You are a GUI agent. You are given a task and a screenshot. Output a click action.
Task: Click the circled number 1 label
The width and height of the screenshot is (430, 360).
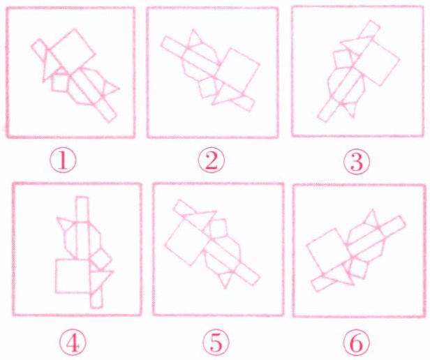click(63, 160)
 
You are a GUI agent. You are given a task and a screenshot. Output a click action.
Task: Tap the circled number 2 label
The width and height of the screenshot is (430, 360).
click(212, 160)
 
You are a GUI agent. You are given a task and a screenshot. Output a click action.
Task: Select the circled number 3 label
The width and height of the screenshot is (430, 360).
click(357, 161)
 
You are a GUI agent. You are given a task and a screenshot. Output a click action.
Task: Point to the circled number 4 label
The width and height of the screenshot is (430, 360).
click(73, 342)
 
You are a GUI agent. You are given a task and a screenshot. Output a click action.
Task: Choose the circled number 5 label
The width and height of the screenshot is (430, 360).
click(216, 342)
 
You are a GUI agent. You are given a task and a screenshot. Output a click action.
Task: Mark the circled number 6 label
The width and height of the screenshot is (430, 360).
click(356, 342)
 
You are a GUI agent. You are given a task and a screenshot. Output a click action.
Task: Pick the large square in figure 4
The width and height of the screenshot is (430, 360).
click(73, 276)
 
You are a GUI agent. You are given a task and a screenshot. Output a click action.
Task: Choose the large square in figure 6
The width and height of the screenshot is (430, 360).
click(328, 254)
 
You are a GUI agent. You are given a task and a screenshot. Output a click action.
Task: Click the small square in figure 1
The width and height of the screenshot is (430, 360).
click(60, 82)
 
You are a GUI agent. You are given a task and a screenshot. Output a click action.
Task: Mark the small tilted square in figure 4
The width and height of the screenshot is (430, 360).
click(101, 259)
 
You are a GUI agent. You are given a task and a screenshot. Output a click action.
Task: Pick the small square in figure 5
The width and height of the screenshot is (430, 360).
click(218, 229)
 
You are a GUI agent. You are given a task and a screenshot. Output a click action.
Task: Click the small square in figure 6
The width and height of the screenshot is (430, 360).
click(359, 268)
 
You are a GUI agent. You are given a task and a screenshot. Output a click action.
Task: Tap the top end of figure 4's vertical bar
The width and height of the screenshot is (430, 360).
click(82, 197)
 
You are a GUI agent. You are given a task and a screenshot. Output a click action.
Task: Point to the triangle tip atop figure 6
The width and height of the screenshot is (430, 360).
click(373, 210)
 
